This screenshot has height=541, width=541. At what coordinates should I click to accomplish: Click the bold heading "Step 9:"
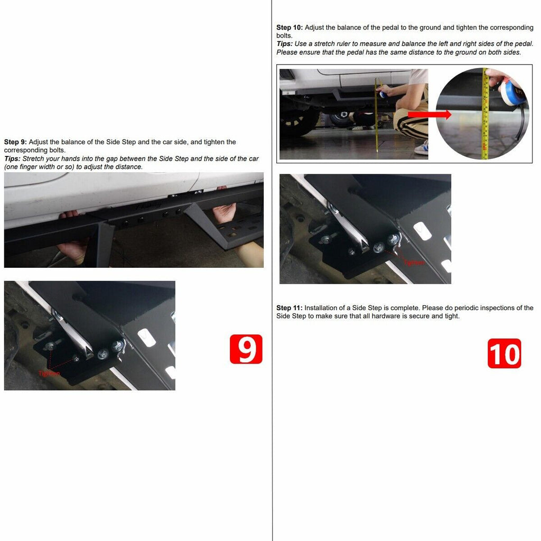(x=15, y=142)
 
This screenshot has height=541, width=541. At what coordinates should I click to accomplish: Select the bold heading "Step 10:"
(x=290, y=27)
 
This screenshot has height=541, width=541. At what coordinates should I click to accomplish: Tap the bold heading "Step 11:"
(x=290, y=308)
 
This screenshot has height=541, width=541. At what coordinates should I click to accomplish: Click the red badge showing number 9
(x=246, y=349)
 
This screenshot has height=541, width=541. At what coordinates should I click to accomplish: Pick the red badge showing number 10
(x=504, y=353)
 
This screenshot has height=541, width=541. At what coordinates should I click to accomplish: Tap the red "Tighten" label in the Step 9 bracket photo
(x=49, y=374)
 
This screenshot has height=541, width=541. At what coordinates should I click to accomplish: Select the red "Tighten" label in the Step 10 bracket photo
(x=414, y=263)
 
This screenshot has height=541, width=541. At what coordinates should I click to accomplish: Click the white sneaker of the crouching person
(x=422, y=147)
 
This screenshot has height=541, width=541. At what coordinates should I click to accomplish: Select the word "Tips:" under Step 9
(x=12, y=159)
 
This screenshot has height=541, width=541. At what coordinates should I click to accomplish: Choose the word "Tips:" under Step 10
(x=285, y=44)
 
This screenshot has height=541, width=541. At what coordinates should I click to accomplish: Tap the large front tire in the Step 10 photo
(x=300, y=122)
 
